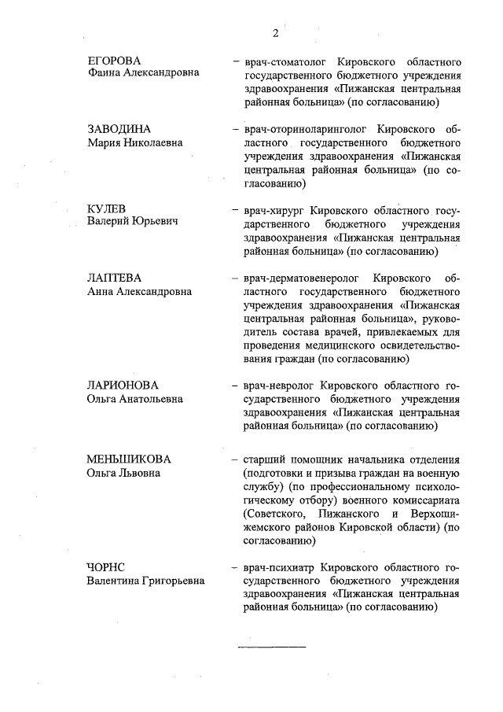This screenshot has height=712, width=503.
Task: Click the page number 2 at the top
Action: point(275,32)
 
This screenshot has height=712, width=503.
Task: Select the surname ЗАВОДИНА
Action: point(119,129)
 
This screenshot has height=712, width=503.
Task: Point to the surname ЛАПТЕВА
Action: point(115,278)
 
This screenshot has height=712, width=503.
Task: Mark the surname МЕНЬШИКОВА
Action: point(129,459)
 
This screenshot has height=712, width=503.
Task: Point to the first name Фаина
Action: point(103,73)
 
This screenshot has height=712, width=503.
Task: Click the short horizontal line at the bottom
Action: point(272,646)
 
